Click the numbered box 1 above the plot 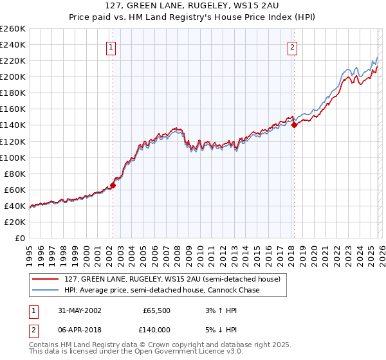[111, 46]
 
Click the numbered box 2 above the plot [292, 46]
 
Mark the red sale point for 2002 [113, 185]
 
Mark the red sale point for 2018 [294, 125]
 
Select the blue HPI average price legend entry [161, 290]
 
